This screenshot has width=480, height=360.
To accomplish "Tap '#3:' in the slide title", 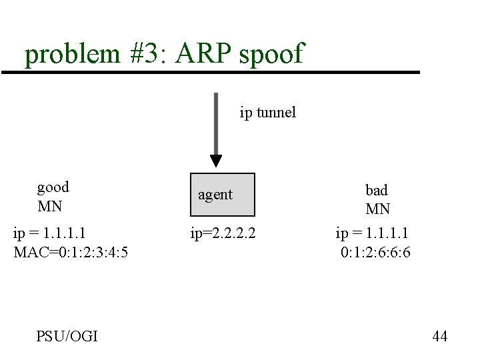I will point(145,53).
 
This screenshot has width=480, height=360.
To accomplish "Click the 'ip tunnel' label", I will point(267,112).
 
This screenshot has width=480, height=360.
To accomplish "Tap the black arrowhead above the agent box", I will point(215,161).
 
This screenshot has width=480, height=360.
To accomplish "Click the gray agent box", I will point(223,195).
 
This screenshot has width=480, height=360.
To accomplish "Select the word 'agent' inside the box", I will point(215,195).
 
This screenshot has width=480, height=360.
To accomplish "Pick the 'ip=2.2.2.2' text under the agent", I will point(223,233).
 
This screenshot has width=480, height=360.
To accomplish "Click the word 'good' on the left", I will point(53,187).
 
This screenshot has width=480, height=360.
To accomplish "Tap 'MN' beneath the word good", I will point(49,206).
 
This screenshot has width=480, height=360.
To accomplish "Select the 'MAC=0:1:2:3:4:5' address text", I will point(71,253).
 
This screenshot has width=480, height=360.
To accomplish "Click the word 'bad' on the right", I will point(377,190).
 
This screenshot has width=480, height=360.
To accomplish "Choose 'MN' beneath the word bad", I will point(378,209).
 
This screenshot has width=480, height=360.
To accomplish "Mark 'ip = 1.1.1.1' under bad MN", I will point(372,233).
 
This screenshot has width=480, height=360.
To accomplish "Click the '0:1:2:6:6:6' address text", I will point(375,253).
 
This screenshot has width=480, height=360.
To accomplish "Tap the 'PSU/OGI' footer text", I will point(67,336).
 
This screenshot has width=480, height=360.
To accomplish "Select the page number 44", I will point(439,336).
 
